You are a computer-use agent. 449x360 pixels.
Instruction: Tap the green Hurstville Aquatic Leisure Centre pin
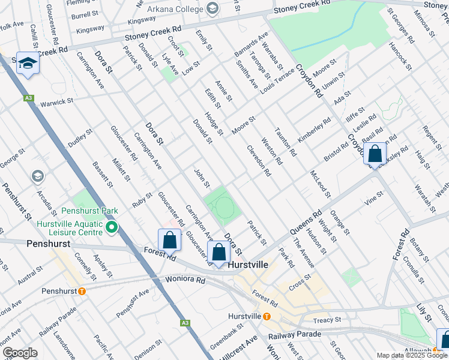tap(112, 227)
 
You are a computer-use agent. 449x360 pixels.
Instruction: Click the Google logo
tap(20, 353)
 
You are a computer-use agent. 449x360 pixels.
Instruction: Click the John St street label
tap(201, 178)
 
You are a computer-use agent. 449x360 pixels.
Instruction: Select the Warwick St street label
tap(56, 103)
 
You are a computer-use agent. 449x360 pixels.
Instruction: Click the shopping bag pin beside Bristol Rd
tap(375, 155)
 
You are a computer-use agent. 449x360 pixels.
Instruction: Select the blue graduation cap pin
tap(28, 63)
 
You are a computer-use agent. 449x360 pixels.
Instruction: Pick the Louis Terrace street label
tap(277, 85)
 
